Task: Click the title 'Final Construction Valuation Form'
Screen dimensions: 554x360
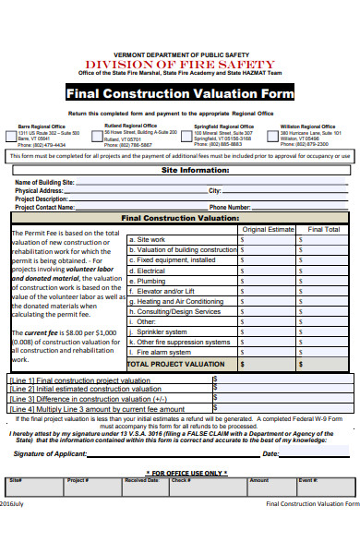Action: point(180,94)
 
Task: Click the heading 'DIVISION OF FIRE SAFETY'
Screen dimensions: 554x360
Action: point(180,64)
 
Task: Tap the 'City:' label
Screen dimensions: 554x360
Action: point(215,191)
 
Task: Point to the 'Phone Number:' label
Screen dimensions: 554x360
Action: point(230,208)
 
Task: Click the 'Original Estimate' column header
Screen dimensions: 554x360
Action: point(267,229)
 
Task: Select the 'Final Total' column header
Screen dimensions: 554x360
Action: point(323,229)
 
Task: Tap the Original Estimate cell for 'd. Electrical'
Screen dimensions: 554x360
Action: point(267,271)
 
